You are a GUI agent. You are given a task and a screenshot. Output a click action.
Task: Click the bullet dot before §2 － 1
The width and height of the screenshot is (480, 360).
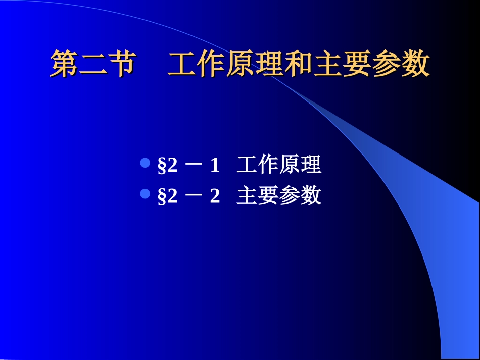pos(145,163)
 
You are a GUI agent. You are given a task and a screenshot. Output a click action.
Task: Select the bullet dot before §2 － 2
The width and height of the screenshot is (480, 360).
pos(145,194)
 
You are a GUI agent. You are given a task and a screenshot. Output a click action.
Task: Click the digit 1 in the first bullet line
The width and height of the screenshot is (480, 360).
pos(215,165)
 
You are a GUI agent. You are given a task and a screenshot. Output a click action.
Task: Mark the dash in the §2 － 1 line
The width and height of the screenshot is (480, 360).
pos(194,166)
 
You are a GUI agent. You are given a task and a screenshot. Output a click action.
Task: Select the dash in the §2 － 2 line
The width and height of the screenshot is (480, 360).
pos(194,196)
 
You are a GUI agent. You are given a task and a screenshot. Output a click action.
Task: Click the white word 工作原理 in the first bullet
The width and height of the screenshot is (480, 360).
pos(279,165)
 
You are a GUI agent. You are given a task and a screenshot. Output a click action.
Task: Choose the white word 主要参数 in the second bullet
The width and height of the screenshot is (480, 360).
pos(279,196)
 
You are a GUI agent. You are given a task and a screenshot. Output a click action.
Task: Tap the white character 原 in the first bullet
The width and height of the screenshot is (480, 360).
pos(290,165)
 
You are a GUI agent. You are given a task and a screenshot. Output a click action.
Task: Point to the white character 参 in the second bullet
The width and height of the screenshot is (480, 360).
pos(290,196)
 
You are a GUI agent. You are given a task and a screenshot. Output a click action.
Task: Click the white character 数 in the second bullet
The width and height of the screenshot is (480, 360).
pos(311,196)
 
